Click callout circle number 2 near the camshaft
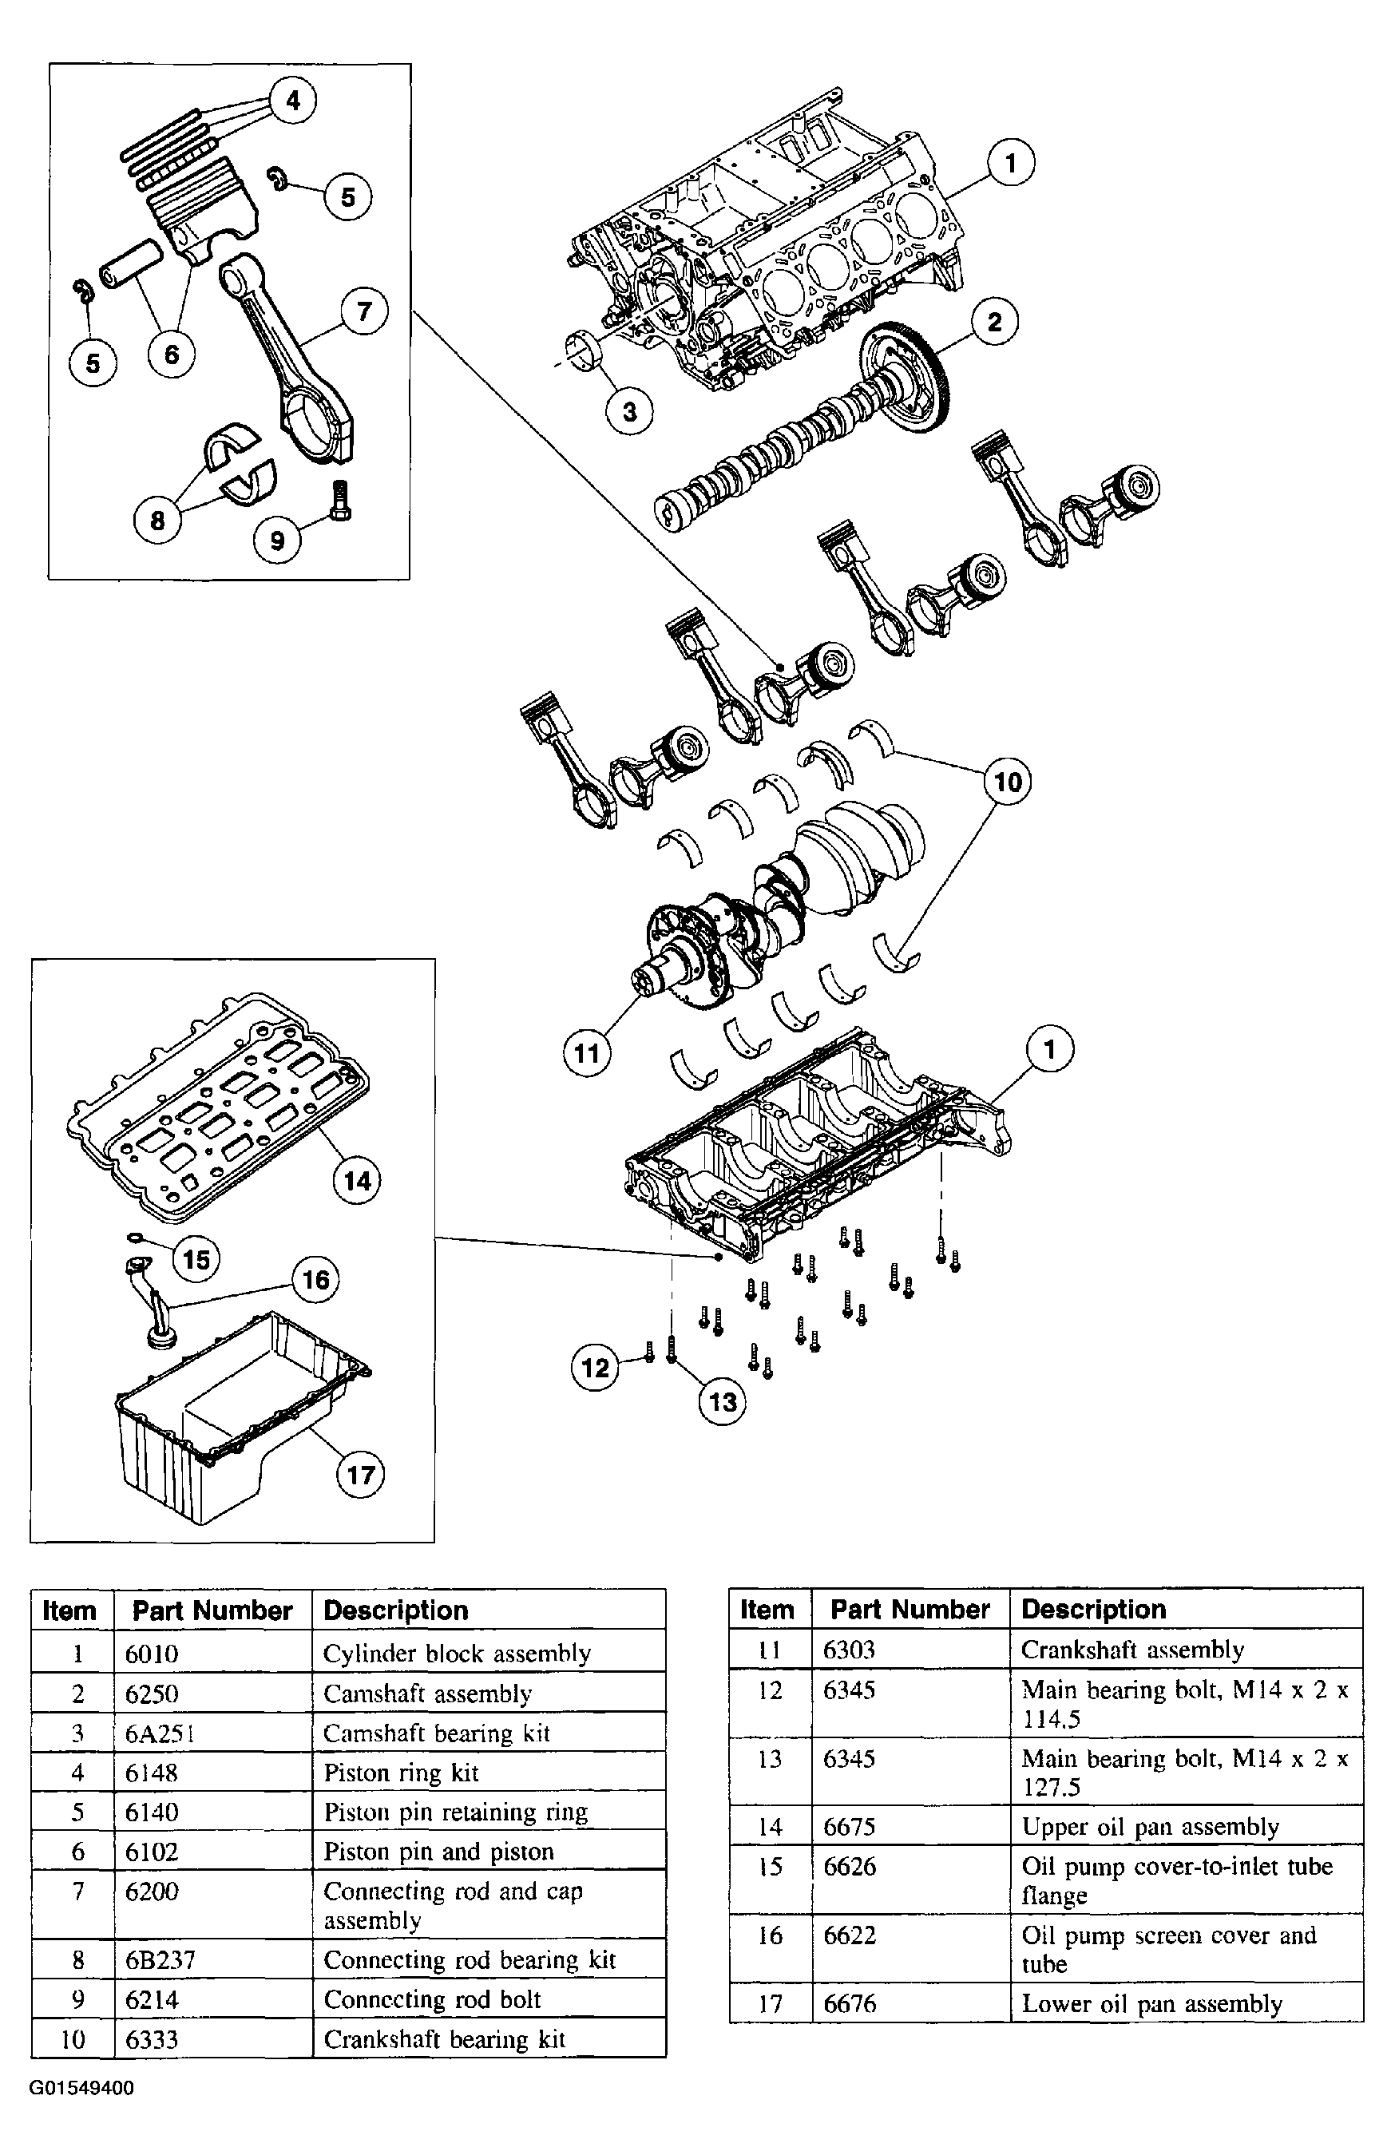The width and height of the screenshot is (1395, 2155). click(x=994, y=322)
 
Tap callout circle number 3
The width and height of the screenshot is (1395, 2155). click(x=629, y=412)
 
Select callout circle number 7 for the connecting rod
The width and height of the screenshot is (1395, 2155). click(x=364, y=311)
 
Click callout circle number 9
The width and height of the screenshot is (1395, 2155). click(x=277, y=541)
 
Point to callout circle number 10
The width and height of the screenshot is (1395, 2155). click(x=1008, y=782)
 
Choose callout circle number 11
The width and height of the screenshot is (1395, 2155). click(x=587, y=1053)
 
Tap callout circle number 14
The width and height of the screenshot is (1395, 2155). click(x=357, y=1180)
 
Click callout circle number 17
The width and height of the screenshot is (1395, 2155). click(x=360, y=1475)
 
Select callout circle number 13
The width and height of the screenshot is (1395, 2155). click(x=723, y=1401)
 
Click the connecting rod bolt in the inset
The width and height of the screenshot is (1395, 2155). click(x=340, y=498)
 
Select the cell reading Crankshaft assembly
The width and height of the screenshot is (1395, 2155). click(x=1132, y=1650)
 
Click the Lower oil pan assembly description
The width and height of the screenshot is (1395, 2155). click(x=1151, y=2004)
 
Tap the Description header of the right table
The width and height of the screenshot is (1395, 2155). click(x=1092, y=1609)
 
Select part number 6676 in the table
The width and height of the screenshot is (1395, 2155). click(x=849, y=2004)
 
